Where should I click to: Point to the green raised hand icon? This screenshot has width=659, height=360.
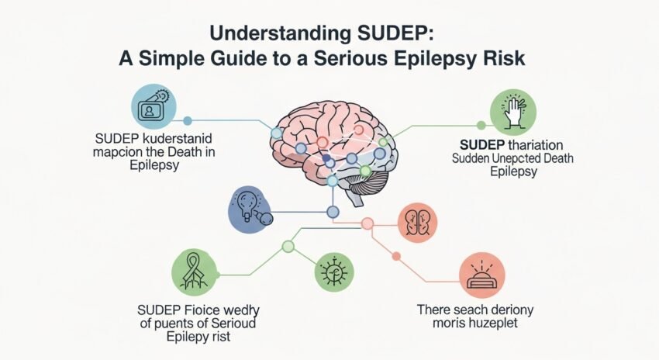point(514,112)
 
